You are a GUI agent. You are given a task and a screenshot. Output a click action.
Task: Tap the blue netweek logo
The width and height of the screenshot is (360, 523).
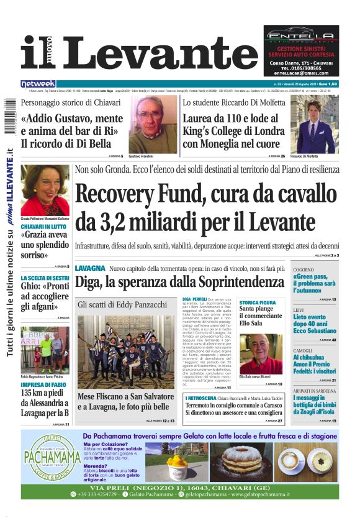(x=38, y=83)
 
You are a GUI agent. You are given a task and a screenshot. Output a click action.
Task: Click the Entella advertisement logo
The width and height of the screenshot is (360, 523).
(x=301, y=35)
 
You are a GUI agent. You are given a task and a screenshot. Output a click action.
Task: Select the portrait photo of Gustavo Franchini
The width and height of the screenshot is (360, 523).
(x=153, y=124)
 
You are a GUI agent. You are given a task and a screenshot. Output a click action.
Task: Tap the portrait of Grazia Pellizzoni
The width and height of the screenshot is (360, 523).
(x=45, y=190)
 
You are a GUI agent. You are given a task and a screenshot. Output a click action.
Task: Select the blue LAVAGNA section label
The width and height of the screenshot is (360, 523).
(x=89, y=268)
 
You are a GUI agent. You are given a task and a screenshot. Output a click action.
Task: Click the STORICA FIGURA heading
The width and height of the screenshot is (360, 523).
(x=258, y=302)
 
